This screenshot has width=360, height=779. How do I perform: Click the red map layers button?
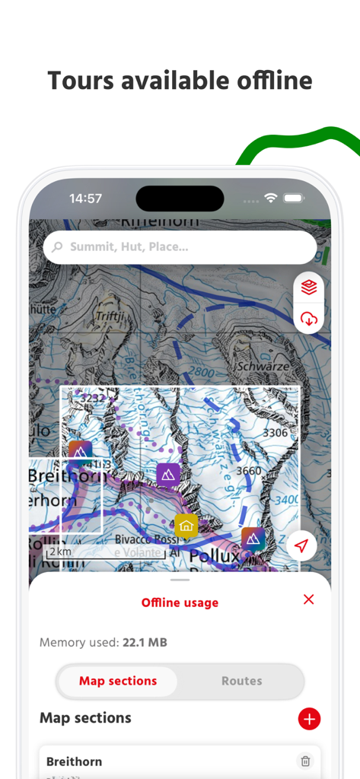(x=309, y=287)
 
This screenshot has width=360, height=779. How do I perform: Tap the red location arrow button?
(x=302, y=545)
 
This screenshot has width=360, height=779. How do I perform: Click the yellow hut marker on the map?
(x=186, y=526)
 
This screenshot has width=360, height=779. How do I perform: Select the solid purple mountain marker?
(x=168, y=475)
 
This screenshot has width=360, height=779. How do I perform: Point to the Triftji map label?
(x=110, y=315)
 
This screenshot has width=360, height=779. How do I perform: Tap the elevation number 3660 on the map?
(x=249, y=471)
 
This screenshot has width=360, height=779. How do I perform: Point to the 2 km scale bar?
(x=105, y=553)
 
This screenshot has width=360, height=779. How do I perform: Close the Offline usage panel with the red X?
(x=308, y=599)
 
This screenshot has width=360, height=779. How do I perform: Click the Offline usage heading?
(x=180, y=603)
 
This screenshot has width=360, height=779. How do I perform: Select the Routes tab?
(x=241, y=681)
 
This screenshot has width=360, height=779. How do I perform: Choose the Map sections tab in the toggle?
(x=118, y=681)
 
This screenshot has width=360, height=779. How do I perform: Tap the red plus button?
(x=309, y=718)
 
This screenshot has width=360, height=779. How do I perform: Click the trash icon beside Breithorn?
(x=305, y=761)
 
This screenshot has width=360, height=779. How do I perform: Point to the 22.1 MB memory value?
(x=145, y=643)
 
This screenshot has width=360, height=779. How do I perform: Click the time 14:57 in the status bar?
(x=85, y=199)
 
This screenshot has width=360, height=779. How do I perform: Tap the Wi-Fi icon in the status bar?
(x=270, y=198)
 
